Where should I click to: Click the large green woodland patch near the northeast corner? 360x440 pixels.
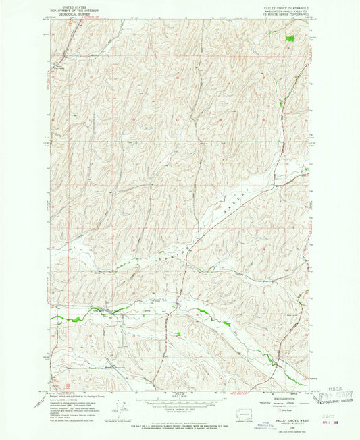coord(290,39)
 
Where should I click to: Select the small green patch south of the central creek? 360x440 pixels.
coord(178,334)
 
